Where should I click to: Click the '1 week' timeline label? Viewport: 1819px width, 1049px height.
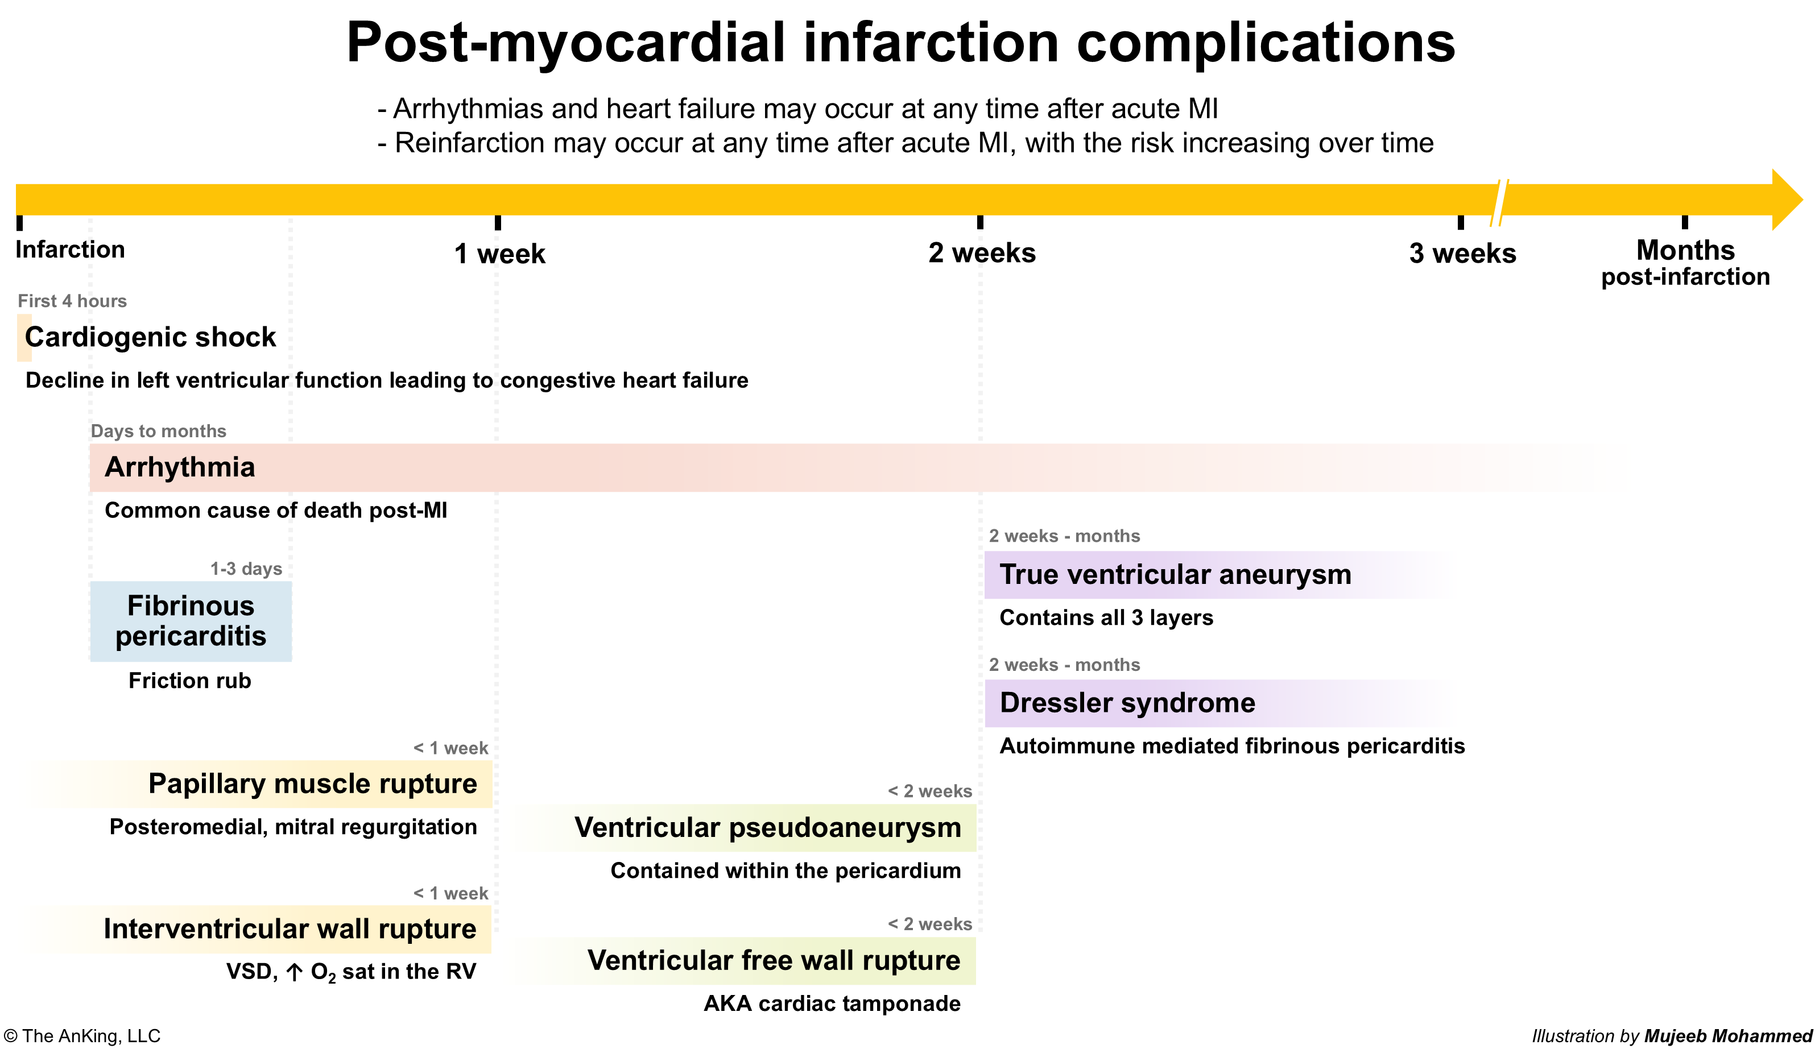(499, 254)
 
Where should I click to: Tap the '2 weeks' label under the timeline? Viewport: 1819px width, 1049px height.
(982, 253)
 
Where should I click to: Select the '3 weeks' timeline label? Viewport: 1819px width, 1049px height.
(1462, 254)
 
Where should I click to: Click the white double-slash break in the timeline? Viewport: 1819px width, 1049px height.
(1500, 202)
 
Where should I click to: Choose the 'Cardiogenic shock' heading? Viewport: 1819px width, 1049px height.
(150, 337)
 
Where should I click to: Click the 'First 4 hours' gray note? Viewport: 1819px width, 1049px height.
(72, 301)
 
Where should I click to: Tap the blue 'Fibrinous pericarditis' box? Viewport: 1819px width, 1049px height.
(191, 621)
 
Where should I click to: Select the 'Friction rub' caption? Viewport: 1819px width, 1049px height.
(189, 681)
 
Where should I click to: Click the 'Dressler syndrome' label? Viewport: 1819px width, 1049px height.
(1127, 702)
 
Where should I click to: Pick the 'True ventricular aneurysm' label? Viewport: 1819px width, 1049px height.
(1176, 574)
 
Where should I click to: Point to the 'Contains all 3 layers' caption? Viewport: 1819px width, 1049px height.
(1106, 617)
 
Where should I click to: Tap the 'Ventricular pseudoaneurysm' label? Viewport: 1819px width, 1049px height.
(767, 828)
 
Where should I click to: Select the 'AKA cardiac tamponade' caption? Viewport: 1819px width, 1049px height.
(832, 1004)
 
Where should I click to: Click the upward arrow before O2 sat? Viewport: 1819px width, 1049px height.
(294, 973)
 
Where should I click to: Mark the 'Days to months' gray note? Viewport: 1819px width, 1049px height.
(159, 431)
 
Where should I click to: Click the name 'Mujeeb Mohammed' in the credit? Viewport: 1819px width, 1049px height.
(1728, 1036)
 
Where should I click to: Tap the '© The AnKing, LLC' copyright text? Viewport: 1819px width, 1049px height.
(81, 1036)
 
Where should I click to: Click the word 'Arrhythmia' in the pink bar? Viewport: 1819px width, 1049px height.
(180, 467)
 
